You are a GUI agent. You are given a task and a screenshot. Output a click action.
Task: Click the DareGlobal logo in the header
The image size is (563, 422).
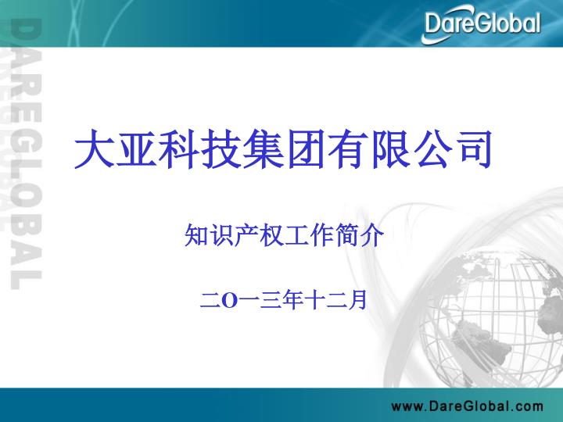(x=481, y=24)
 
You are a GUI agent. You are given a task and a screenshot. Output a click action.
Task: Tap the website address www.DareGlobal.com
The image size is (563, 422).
(x=467, y=406)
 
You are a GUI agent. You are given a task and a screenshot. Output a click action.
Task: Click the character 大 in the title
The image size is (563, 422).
(x=95, y=148)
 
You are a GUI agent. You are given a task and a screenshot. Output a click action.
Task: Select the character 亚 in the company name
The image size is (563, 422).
(x=136, y=148)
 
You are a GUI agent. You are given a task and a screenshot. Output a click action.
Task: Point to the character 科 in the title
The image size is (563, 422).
(x=178, y=148)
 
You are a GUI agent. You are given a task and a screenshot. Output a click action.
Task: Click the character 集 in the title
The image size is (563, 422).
(x=264, y=148)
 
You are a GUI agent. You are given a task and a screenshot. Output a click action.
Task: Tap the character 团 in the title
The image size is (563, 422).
(x=305, y=148)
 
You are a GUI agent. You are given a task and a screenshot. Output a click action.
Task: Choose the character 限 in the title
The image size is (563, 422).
(x=389, y=148)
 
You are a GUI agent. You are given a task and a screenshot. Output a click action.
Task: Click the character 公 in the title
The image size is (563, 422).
(x=432, y=148)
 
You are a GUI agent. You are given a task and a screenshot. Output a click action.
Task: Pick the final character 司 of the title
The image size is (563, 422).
(x=473, y=148)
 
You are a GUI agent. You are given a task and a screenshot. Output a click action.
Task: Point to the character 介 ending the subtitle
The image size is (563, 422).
(x=372, y=235)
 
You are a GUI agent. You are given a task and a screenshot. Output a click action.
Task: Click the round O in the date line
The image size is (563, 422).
(x=230, y=301)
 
